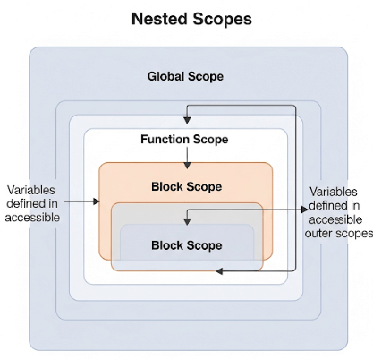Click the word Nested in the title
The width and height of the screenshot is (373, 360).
pyautogui.click(x=159, y=18)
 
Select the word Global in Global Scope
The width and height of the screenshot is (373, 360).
pyautogui.click(x=166, y=76)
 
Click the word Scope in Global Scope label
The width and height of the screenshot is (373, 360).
pyautogui.click(x=206, y=76)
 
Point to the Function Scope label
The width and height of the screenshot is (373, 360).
pyautogui.click(x=184, y=140)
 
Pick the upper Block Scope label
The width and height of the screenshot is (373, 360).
pyautogui.click(x=186, y=186)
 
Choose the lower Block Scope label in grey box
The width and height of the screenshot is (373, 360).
pyautogui.click(x=186, y=244)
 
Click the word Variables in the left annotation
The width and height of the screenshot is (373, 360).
pyautogui.click(x=33, y=190)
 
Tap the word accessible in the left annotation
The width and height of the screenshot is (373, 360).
pyautogui.click(x=33, y=217)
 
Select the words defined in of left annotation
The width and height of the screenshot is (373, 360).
pyautogui.click(x=33, y=203)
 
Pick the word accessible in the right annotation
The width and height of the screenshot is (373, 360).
pyautogui.click(x=335, y=219)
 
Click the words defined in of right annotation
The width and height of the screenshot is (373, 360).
pyautogui.click(x=335, y=206)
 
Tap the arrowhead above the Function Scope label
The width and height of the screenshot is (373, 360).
pyautogui.click(x=187, y=121)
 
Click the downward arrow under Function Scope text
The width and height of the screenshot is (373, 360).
pyautogui.click(x=186, y=157)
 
